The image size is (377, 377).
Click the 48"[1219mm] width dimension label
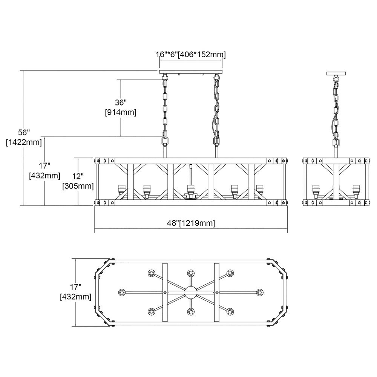(191, 223)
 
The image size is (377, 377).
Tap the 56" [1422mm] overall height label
(23, 138)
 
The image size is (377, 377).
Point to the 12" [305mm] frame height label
(78, 181)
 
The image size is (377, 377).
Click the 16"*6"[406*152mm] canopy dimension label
(191, 55)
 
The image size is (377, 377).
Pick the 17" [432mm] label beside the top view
(76, 292)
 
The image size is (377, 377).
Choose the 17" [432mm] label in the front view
(45, 170)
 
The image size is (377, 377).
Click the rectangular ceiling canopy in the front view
(191, 72)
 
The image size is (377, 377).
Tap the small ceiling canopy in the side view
(336, 73)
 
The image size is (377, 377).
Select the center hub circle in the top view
(191, 293)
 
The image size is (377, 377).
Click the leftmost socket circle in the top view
(123, 293)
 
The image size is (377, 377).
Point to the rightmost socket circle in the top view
(260, 293)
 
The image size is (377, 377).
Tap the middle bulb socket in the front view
(191, 190)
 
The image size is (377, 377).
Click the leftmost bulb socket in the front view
(122, 190)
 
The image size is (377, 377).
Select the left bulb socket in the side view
(316, 190)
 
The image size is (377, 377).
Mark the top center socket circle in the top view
(191, 273)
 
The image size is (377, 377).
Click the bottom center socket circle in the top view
(191, 312)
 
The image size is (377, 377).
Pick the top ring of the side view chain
(336, 78)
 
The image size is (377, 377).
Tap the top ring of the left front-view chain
(165, 78)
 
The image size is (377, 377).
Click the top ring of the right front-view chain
(217, 78)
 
